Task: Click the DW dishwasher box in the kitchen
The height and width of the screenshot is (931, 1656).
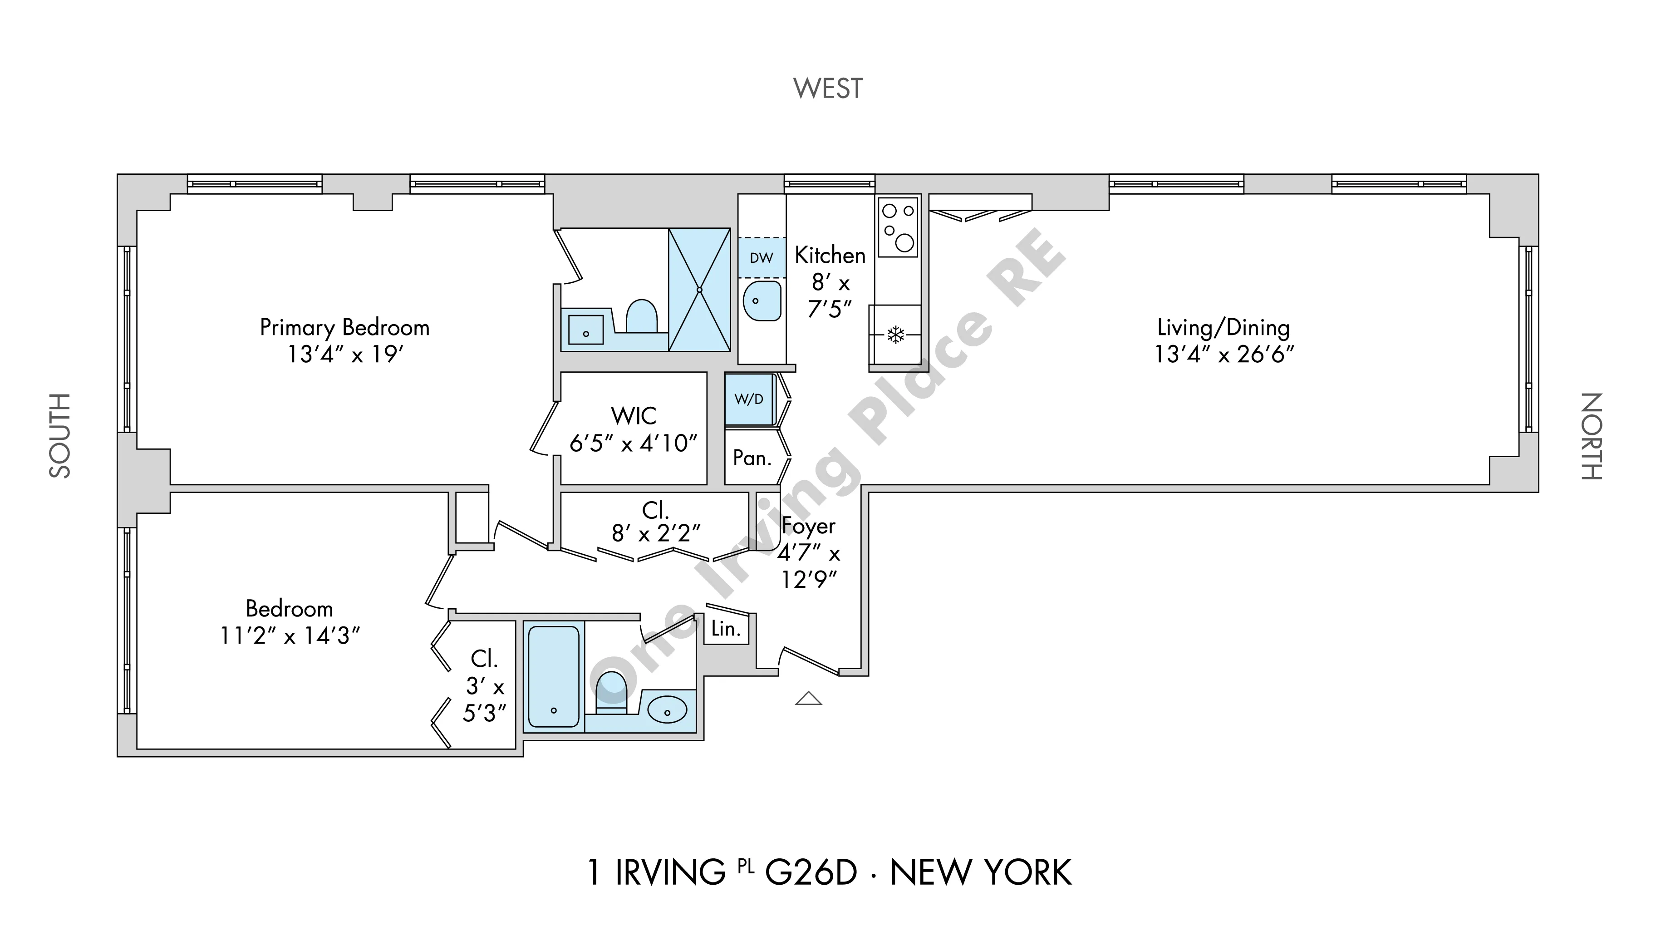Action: pyautogui.click(x=762, y=258)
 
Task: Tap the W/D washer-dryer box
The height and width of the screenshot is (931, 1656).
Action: pyautogui.click(x=749, y=399)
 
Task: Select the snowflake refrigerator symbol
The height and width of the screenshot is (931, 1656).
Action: pyautogui.click(x=895, y=335)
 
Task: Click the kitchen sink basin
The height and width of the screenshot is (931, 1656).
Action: pyautogui.click(x=762, y=301)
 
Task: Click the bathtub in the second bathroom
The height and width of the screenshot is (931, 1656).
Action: pyautogui.click(x=554, y=676)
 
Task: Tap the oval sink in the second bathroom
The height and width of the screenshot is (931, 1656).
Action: pyautogui.click(x=667, y=711)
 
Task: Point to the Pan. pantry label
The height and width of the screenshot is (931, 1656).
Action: pyautogui.click(x=752, y=458)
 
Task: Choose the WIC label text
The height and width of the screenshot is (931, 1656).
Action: pyautogui.click(x=634, y=416)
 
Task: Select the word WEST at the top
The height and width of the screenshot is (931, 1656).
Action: pyautogui.click(x=828, y=89)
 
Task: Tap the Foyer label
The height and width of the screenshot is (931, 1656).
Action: pyautogui.click(x=809, y=526)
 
